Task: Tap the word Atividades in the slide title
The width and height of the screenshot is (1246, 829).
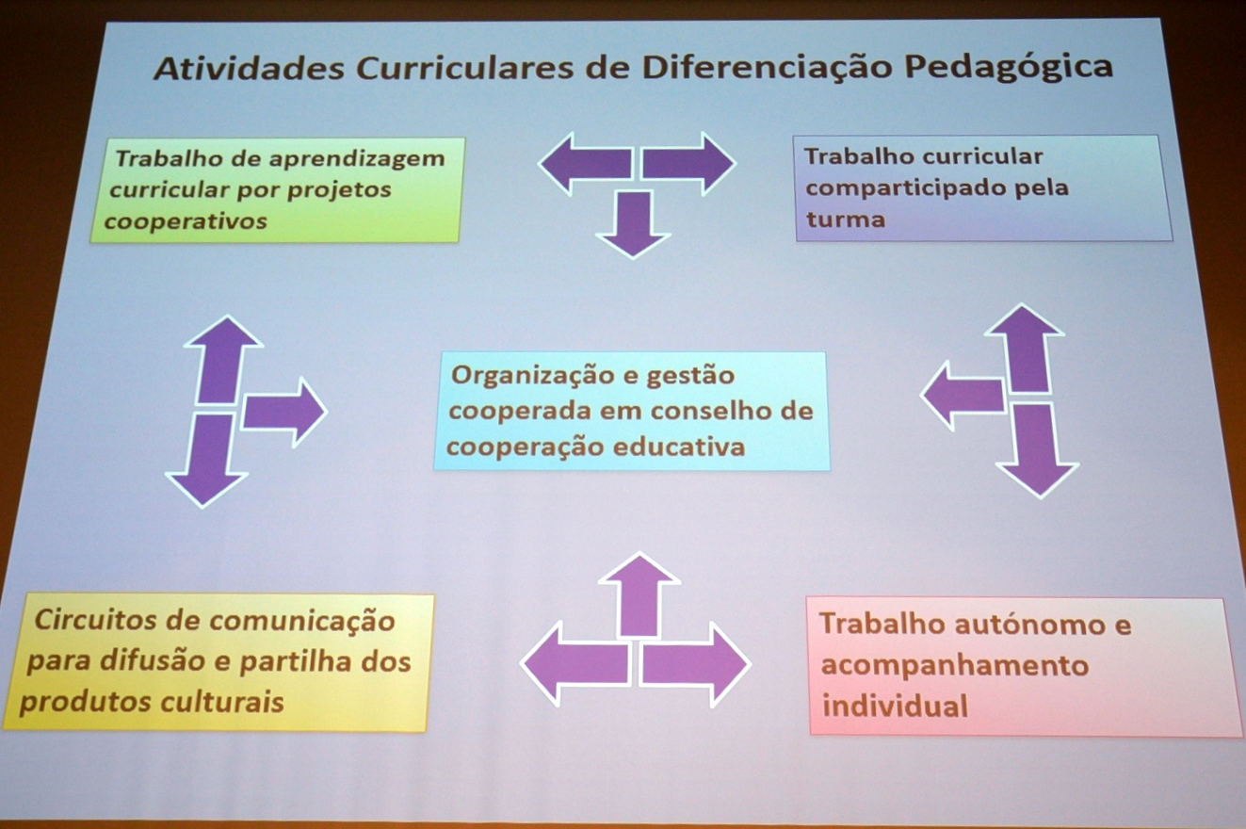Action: (249, 70)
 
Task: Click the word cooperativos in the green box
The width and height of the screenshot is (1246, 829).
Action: (186, 221)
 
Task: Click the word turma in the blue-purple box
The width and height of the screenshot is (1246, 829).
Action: (845, 219)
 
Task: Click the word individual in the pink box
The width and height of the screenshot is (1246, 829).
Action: (895, 706)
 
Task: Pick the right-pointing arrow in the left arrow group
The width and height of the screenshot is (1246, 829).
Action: (284, 413)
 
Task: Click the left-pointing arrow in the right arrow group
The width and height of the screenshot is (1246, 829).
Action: (963, 396)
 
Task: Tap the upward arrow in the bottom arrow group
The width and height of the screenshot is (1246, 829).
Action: (639, 594)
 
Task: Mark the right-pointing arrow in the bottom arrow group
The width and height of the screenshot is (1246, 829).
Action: (695, 664)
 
